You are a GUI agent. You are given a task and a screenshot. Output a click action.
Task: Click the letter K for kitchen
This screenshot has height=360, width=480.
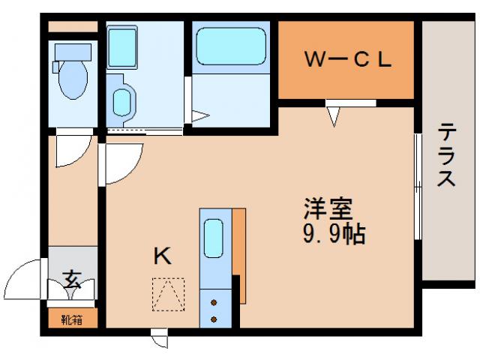click(x=163, y=257)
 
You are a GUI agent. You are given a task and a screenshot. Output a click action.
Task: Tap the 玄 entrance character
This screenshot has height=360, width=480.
click(x=72, y=280)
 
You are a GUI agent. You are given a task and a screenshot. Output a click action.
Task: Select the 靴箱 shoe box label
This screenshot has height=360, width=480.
click(x=72, y=319)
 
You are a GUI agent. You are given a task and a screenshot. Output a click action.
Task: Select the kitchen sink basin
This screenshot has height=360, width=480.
click(x=214, y=239)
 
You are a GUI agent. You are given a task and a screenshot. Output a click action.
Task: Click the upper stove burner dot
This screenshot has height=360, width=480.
click(x=214, y=303)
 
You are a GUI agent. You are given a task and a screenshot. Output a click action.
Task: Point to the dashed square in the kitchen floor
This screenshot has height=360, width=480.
click(x=168, y=294)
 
